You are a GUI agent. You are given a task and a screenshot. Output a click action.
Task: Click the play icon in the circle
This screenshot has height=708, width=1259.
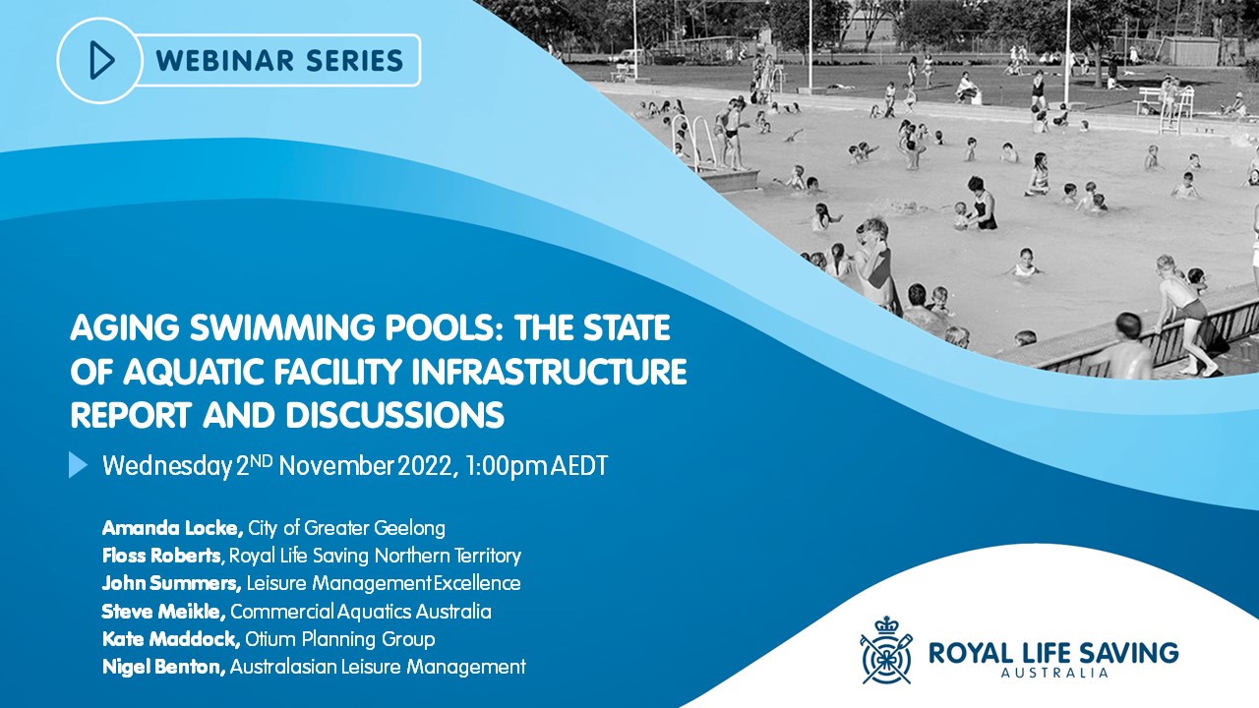(x=102, y=60)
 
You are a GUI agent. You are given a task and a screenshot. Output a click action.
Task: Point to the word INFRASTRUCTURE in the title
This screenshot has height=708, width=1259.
(x=549, y=372)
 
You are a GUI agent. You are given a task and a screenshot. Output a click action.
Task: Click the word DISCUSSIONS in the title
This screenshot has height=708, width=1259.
(x=395, y=415)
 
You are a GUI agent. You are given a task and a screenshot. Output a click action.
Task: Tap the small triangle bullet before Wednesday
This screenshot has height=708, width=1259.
(x=78, y=465)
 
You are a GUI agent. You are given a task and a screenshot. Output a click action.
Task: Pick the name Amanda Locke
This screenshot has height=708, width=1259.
(x=172, y=528)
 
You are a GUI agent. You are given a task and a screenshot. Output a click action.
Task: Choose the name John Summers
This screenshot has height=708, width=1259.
(x=171, y=583)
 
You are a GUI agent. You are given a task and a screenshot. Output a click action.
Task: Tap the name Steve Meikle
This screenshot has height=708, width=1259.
(x=163, y=612)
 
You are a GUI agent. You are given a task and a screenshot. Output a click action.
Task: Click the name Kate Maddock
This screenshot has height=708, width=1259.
(x=171, y=639)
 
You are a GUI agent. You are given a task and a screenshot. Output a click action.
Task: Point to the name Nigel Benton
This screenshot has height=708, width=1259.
(x=164, y=667)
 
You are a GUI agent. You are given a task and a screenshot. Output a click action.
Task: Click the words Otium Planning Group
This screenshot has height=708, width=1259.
(x=340, y=639)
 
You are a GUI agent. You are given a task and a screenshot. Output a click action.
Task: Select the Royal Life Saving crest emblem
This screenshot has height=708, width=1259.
(x=886, y=650)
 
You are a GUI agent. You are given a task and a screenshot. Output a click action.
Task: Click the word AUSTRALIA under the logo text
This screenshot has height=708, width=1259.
(x=1054, y=673)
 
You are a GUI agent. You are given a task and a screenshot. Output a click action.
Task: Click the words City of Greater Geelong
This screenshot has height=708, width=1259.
(x=347, y=529)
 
